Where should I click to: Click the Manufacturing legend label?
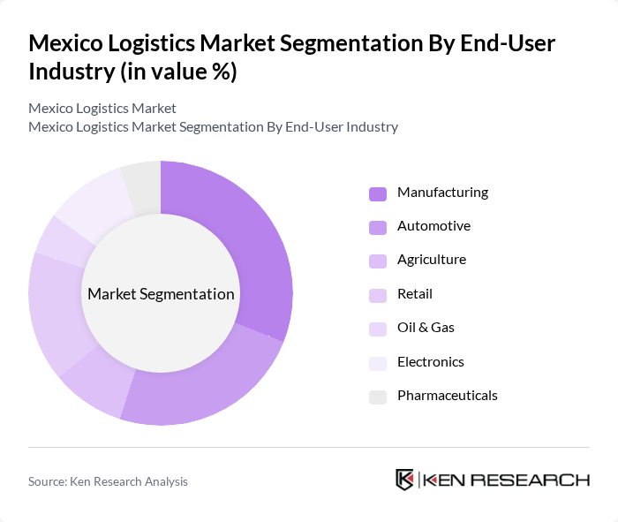(442, 193)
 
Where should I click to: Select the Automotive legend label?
(433, 226)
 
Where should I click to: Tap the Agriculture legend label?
(431, 260)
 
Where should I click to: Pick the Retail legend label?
(415, 294)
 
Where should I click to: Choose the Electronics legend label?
(430, 362)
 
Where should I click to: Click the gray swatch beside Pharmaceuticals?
(378, 397)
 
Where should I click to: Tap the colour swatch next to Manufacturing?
(378, 193)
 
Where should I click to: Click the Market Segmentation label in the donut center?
(161, 294)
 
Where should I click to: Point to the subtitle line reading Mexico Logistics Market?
(102, 108)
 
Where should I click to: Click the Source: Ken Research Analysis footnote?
(108, 481)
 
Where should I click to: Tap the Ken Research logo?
(492, 480)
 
